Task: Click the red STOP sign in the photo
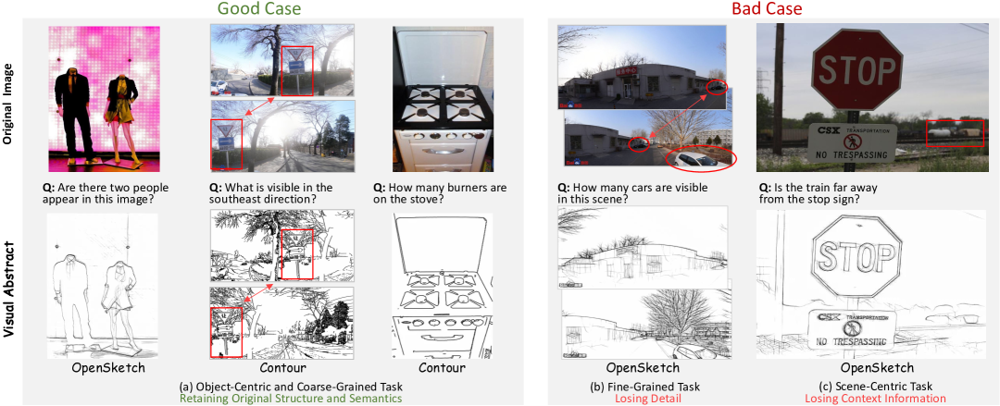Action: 856,70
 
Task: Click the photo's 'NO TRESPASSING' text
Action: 852,155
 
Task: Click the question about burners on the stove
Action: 440,194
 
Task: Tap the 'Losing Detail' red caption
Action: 643,398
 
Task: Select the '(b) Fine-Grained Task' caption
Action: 643,387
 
